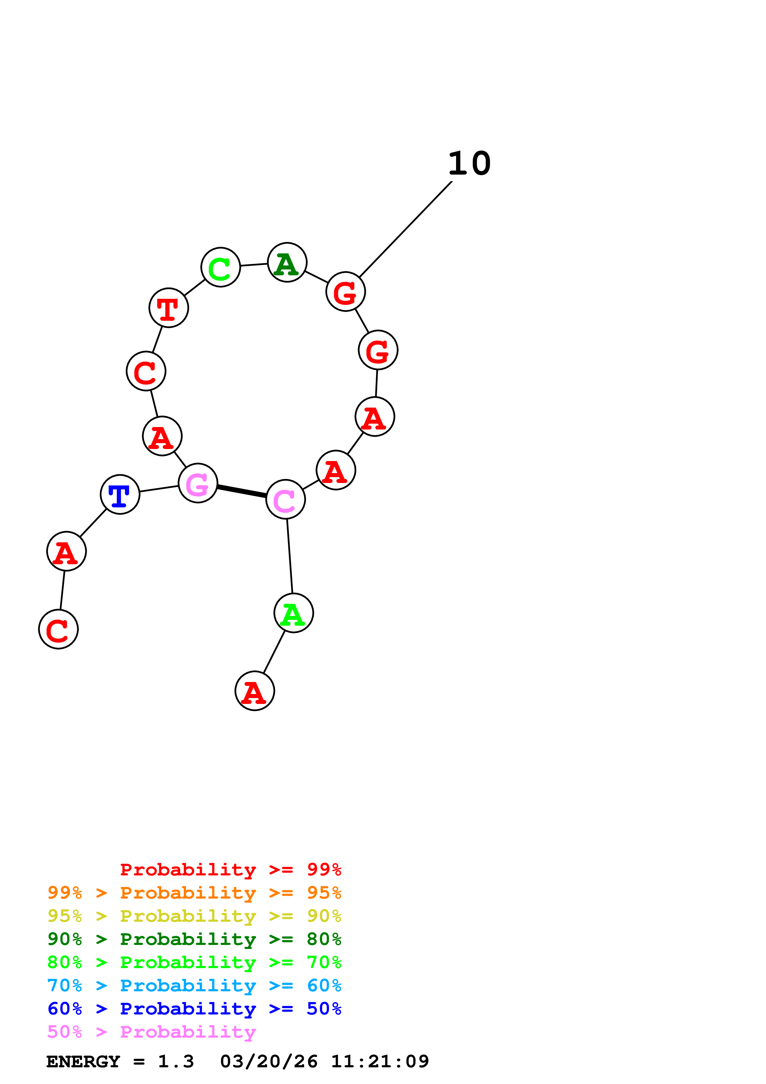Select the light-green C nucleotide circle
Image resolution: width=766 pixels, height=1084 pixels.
(x=220, y=267)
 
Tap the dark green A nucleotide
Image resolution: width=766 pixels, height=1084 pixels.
(x=287, y=262)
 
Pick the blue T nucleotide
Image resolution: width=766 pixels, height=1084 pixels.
(x=120, y=494)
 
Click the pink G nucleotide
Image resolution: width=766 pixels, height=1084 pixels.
(x=198, y=483)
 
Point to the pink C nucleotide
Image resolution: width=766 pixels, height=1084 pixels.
(x=286, y=499)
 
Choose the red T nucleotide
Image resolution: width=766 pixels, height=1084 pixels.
(x=168, y=308)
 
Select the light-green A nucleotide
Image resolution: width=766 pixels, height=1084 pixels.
(x=294, y=613)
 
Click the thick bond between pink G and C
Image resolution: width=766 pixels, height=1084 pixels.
(x=242, y=491)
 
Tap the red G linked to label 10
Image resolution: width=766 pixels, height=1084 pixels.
(x=345, y=292)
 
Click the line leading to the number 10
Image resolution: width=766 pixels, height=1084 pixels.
(x=406, y=230)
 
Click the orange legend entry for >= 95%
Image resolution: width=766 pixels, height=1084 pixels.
(x=194, y=893)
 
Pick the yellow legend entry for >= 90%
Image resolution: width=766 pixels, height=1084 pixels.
(x=194, y=916)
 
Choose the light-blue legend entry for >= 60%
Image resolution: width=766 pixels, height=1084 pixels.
(x=194, y=985)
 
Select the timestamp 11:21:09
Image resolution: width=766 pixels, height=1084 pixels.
(x=380, y=1062)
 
